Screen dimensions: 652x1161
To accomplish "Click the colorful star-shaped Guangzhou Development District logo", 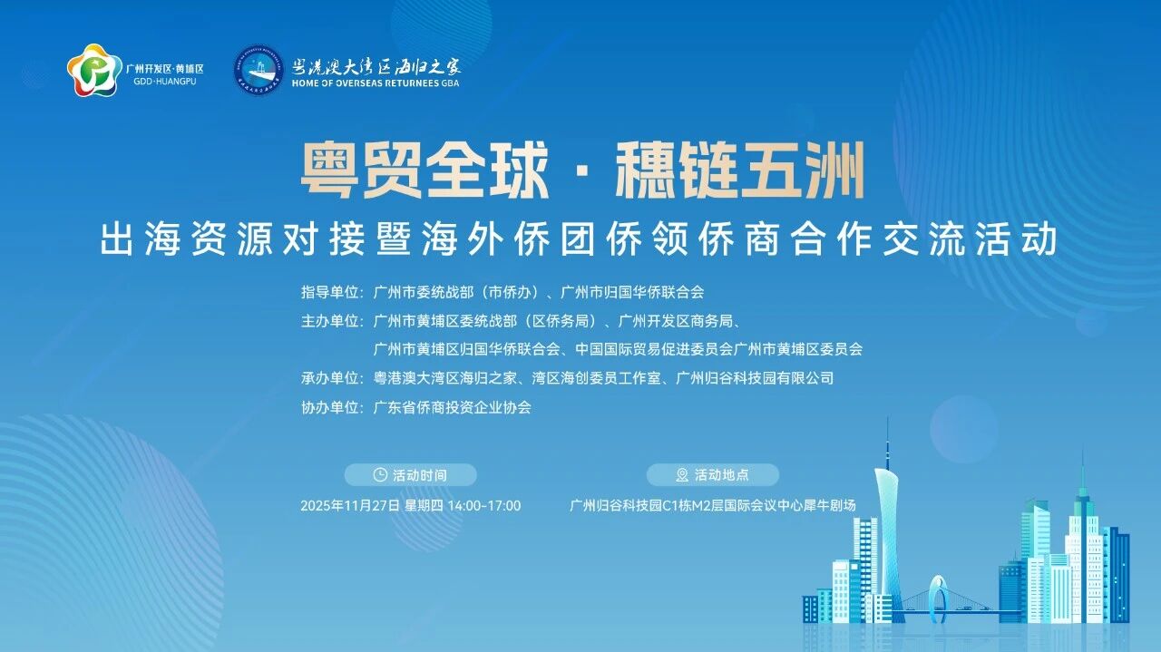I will pyautogui.click(x=94, y=70).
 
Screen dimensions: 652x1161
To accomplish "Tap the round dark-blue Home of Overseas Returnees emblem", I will pyautogui.click(x=259, y=71).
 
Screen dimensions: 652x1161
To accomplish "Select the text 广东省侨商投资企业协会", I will pyautogui.click(x=452, y=407).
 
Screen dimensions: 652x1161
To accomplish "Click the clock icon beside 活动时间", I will pyautogui.click(x=380, y=474).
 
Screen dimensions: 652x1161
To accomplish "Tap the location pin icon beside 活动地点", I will pyautogui.click(x=682, y=474).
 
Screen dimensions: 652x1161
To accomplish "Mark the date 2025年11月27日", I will pyautogui.click(x=350, y=505).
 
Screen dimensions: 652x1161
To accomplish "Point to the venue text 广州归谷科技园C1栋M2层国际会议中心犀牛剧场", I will pyautogui.click(x=713, y=505).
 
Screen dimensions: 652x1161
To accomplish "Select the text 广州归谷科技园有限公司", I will pyautogui.click(x=755, y=378).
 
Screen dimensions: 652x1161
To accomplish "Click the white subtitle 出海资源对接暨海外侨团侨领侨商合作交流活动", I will pyautogui.click(x=580, y=239).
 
